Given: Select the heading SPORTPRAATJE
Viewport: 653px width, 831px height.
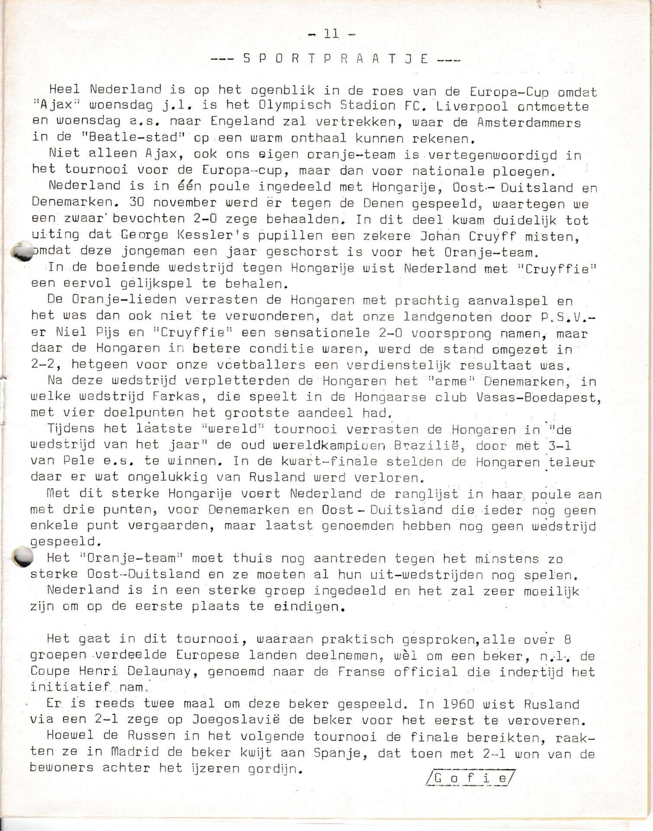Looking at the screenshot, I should click(336, 59).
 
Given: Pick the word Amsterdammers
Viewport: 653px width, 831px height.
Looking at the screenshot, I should click(528, 122).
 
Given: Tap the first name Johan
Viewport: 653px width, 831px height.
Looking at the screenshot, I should click(439, 237).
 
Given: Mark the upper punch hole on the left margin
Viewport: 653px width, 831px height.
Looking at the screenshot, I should click(23, 251).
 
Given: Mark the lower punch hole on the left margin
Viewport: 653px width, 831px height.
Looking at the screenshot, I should click(23, 556).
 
